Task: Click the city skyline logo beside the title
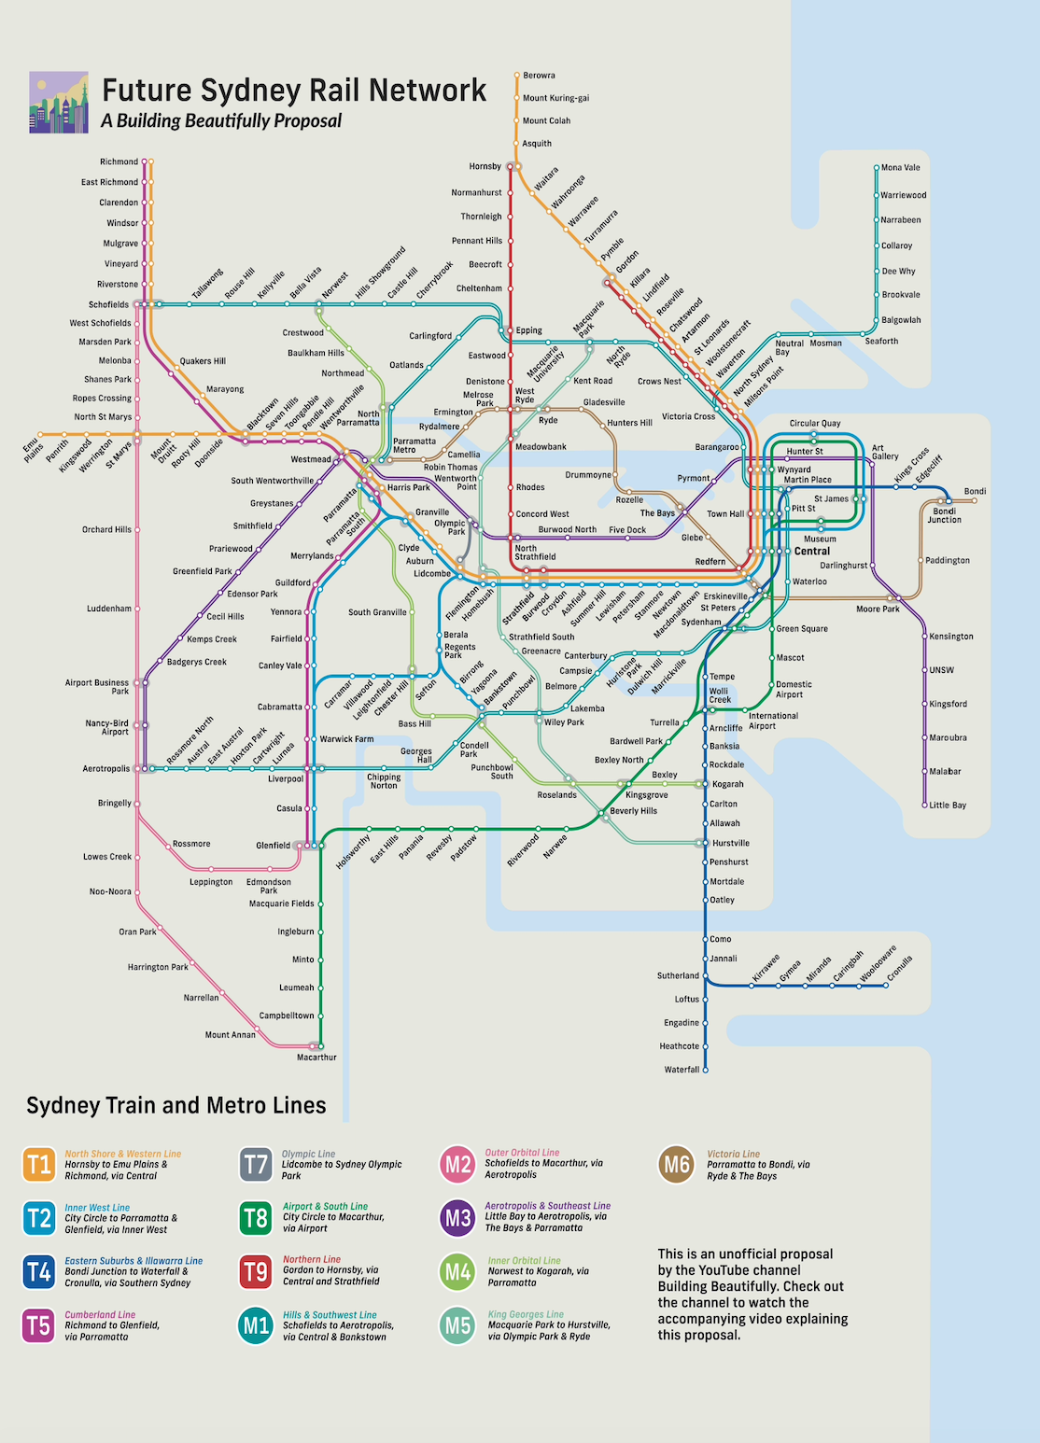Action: pyautogui.click(x=59, y=103)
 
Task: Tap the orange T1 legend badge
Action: pyautogui.click(x=39, y=1165)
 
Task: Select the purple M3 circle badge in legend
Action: pyautogui.click(x=457, y=1218)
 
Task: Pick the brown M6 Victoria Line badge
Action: pyautogui.click(x=676, y=1165)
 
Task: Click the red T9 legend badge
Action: pyautogui.click(x=256, y=1271)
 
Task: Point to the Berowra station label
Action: pyautogui.click(x=539, y=76)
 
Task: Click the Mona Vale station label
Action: pyautogui.click(x=900, y=168)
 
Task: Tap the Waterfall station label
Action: pyautogui.click(x=681, y=1070)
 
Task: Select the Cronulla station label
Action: pyautogui.click(x=900, y=968)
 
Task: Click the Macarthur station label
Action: pyautogui.click(x=316, y=1058)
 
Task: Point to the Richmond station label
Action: pyautogui.click(x=119, y=162)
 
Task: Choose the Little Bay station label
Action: pyautogui.click(x=948, y=806)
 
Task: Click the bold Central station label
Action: pyautogui.click(x=811, y=552)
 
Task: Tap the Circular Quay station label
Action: pyautogui.click(x=814, y=424)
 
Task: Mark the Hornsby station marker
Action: pyautogui.click(x=512, y=167)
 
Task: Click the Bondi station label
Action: pyautogui.click(x=975, y=492)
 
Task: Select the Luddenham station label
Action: pyautogui.click(x=109, y=609)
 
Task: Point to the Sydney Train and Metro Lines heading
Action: pyautogui.click(x=176, y=1106)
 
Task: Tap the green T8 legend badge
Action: pyautogui.click(x=256, y=1218)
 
